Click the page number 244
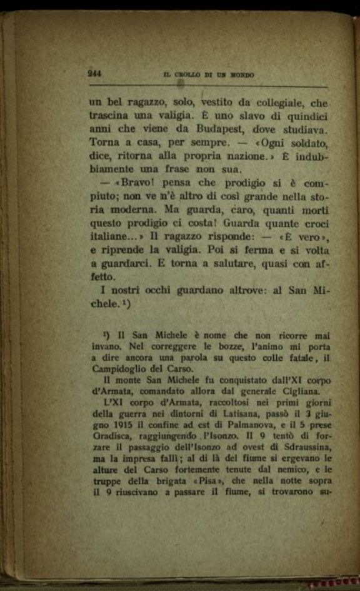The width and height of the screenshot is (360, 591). (x=94, y=73)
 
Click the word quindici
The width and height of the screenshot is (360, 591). (x=306, y=116)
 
